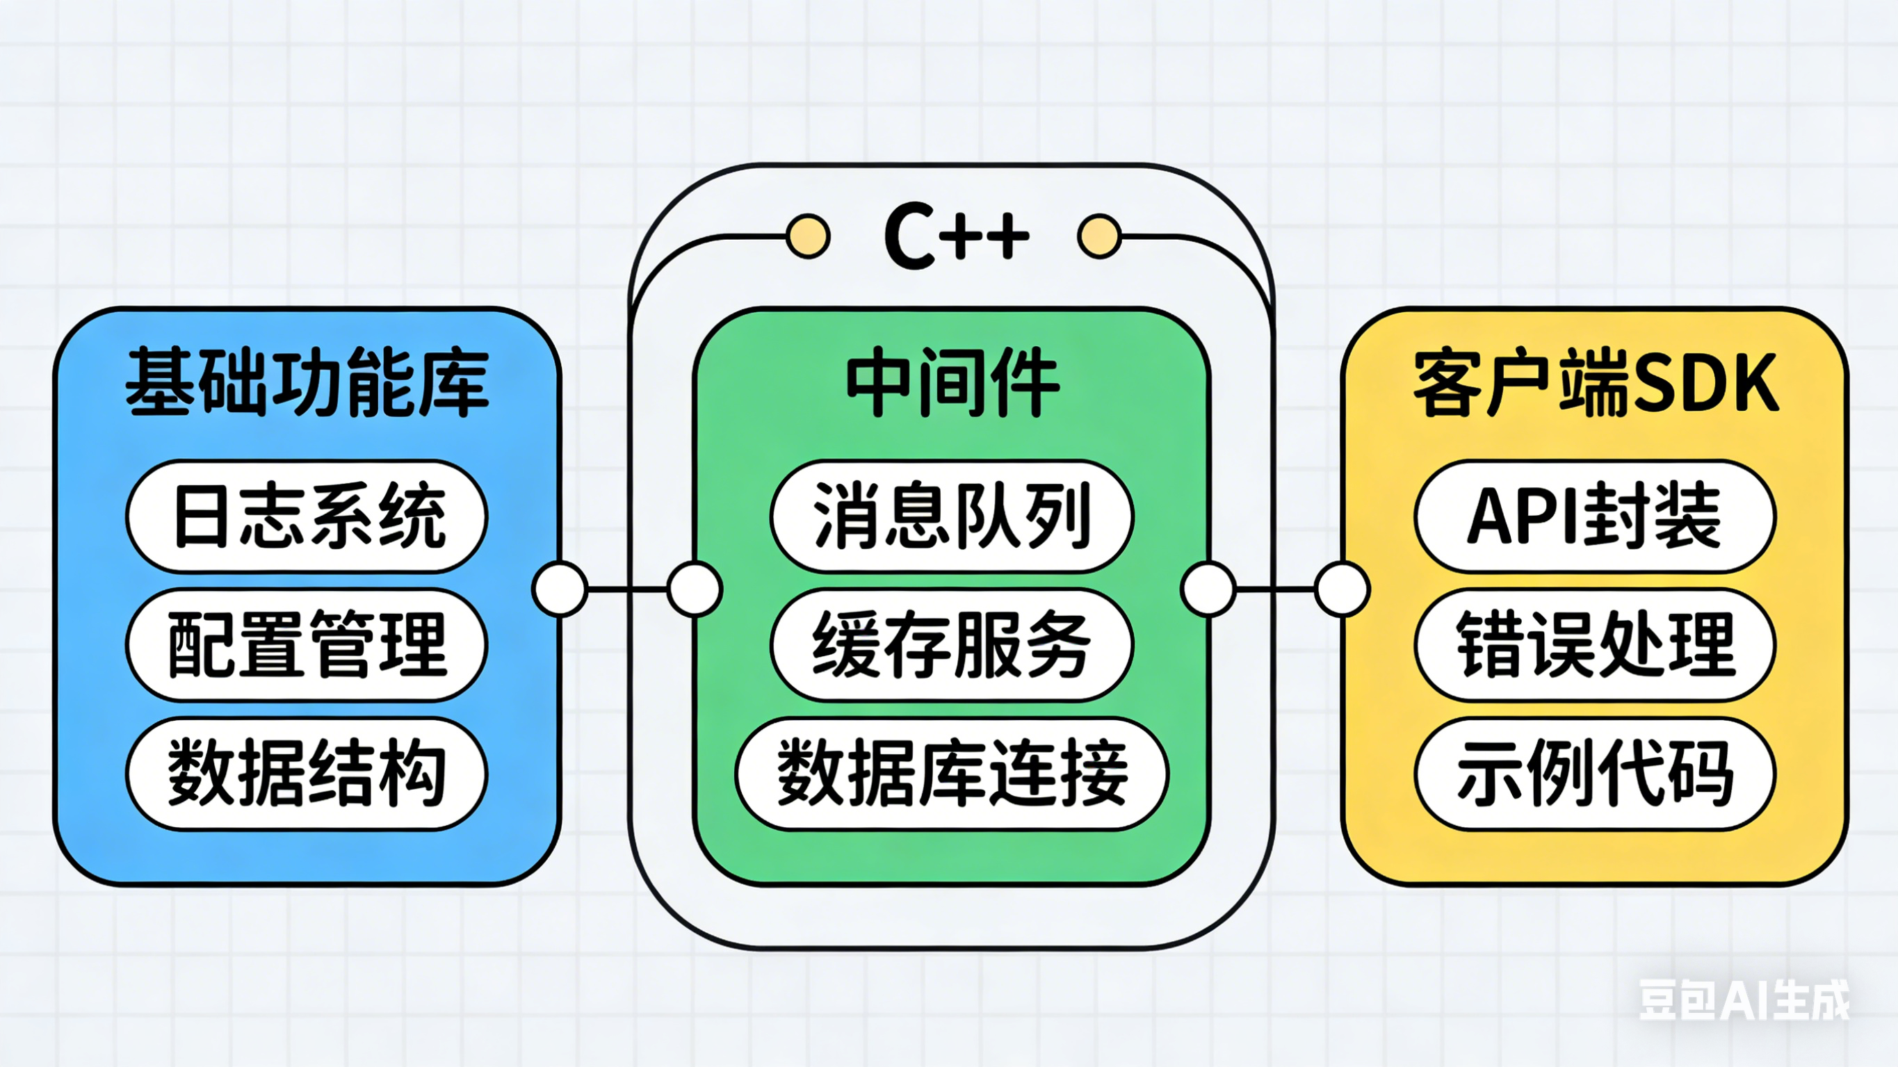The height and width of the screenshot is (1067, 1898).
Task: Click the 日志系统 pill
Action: pyautogui.click(x=307, y=516)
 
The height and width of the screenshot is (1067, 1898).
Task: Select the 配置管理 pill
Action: pyautogui.click(x=307, y=645)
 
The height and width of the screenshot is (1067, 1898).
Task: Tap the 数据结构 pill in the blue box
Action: pyautogui.click(x=307, y=774)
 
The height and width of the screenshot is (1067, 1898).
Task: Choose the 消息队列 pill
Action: pyautogui.click(x=951, y=516)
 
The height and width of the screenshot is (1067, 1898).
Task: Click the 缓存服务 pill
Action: pyautogui.click(x=951, y=645)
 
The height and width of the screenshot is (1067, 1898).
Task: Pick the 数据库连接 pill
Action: pyautogui.click(x=951, y=774)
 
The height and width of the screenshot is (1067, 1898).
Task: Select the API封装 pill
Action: pyautogui.click(x=1595, y=516)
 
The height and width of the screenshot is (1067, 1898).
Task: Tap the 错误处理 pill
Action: pyautogui.click(x=1595, y=645)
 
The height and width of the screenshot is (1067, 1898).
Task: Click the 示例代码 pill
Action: pyautogui.click(x=1595, y=774)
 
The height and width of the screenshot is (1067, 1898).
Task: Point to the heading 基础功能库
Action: pyautogui.click(x=307, y=383)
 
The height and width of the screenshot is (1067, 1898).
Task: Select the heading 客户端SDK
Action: pyautogui.click(x=1595, y=383)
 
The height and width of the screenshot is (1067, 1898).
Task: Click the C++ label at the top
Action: pyautogui.click(x=956, y=237)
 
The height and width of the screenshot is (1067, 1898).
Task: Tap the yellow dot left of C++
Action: pyautogui.click(x=809, y=236)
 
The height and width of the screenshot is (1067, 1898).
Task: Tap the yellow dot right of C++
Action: pyautogui.click(x=1099, y=236)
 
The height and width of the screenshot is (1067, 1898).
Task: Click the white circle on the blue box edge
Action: pyautogui.click(x=560, y=589)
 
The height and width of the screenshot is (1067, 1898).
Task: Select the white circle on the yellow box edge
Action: pyautogui.click(x=1343, y=589)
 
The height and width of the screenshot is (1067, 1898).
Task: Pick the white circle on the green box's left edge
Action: pyautogui.click(x=694, y=589)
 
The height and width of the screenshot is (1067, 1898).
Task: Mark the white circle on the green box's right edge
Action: pyautogui.click(x=1208, y=589)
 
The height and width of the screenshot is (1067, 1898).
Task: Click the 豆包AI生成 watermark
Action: pyautogui.click(x=1743, y=1000)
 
